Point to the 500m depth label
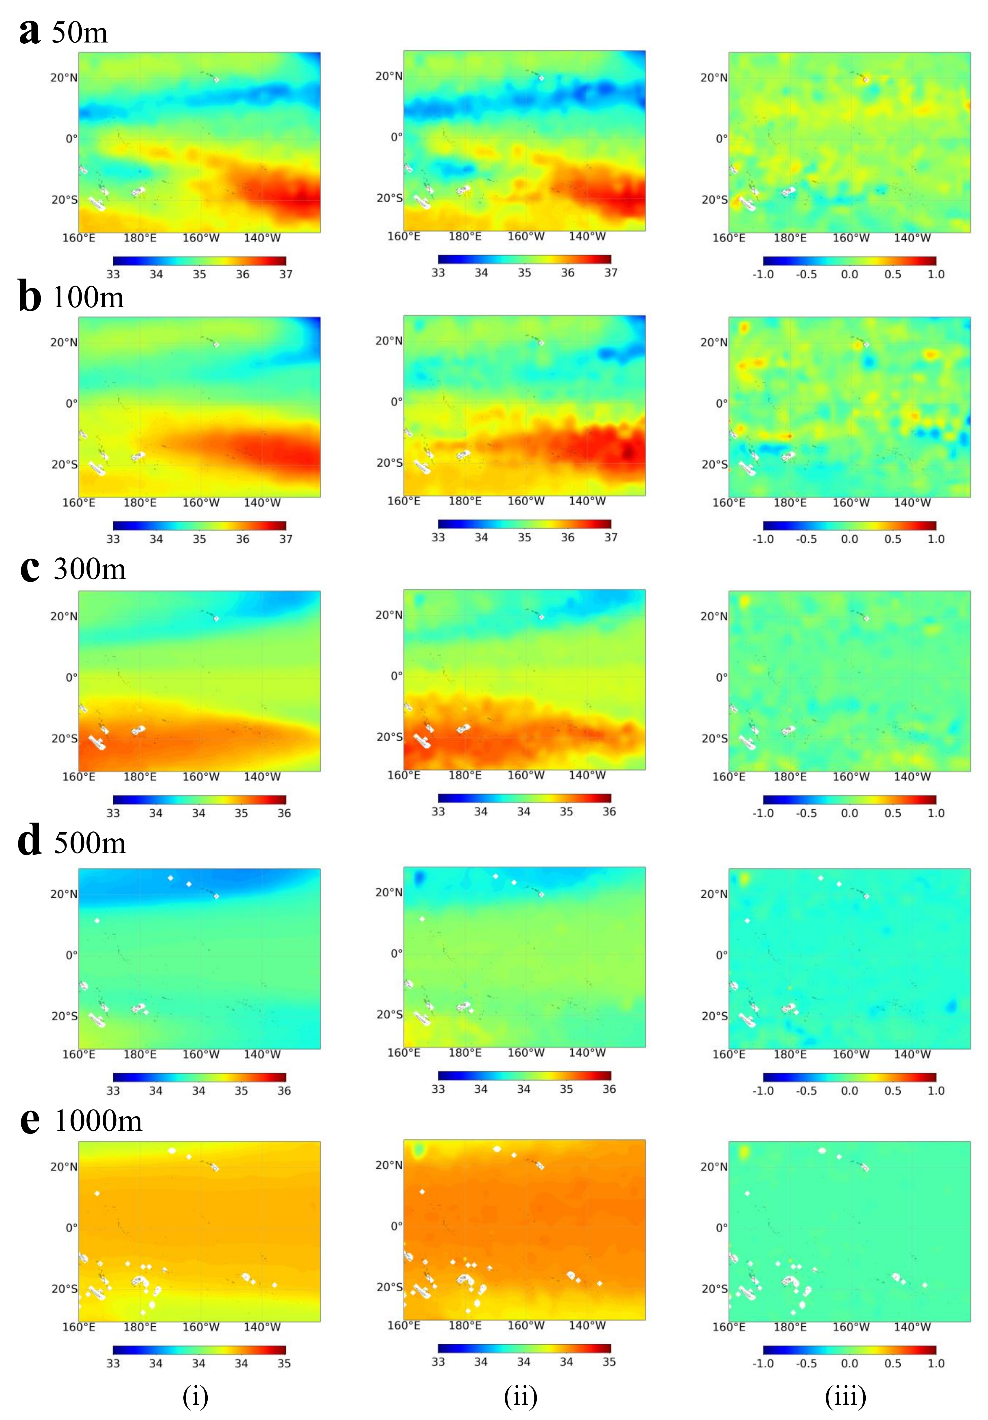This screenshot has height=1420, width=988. tap(90, 842)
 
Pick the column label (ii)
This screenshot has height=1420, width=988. tap(520, 1396)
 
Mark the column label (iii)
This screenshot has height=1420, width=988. tap(845, 1396)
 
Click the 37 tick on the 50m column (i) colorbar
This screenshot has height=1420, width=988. tap(285, 274)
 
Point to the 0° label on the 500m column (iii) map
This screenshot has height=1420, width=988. tap(721, 955)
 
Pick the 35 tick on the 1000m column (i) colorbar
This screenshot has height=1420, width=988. tap(284, 1363)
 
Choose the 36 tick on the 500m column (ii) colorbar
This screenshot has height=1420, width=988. tap(609, 1089)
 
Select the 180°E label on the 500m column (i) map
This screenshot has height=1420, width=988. tap(140, 1055)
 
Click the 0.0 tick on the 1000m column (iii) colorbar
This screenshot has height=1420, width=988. tap(849, 1363)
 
